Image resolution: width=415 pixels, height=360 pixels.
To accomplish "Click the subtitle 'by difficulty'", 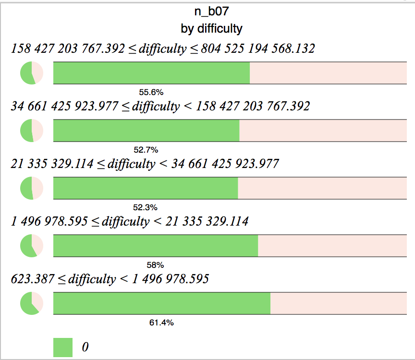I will (211, 28).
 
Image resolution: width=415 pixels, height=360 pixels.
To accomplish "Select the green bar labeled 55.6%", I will (151, 73).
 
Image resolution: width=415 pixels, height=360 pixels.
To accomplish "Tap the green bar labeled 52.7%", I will (146, 131).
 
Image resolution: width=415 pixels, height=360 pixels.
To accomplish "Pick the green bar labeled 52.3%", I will (146, 188).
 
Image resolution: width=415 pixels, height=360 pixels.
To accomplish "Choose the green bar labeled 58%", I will (156, 246).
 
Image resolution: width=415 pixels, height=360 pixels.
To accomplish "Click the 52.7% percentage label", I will (146, 150).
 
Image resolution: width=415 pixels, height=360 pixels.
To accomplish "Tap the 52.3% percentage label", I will (146, 207).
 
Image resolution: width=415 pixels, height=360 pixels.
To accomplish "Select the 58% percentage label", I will (156, 265).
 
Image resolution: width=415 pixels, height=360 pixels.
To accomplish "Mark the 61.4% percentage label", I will (161, 323).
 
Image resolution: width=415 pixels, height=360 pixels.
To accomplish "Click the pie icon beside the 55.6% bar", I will (32, 73).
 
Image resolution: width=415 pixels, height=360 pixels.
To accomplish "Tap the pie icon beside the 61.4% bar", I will (32, 303).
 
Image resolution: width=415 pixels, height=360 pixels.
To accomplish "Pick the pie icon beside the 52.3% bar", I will (32, 188).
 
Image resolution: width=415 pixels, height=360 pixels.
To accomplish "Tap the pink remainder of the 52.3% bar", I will (322, 188).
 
